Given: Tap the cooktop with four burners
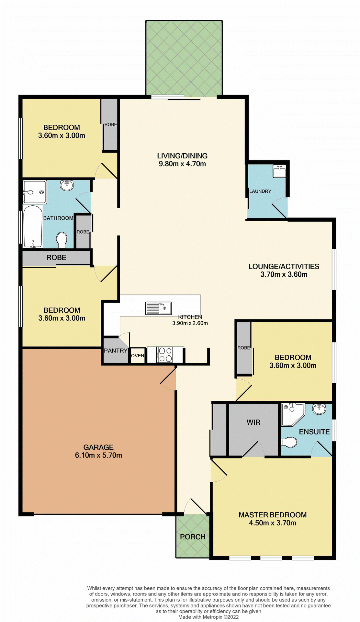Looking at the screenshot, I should (x=165, y=355).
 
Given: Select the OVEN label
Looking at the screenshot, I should (x=138, y=356).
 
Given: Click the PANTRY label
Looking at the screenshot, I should (x=116, y=351).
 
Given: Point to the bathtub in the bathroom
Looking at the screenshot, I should (x=33, y=226).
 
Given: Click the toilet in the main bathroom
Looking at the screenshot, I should (x=62, y=240).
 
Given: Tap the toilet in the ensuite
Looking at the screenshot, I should (x=289, y=442).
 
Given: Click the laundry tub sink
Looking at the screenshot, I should (x=279, y=171).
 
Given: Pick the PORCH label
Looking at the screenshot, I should (x=193, y=537).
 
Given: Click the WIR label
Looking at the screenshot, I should (x=253, y=422).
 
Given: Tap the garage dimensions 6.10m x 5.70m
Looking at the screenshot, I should (x=98, y=455).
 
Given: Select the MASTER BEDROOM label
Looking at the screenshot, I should (x=273, y=515).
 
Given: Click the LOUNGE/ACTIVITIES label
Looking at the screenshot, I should (x=284, y=266).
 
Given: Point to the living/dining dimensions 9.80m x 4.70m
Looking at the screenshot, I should (x=182, y=164).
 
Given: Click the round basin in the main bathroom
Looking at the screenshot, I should (x=67, y=185).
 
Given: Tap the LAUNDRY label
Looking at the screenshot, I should (x=260, y=191).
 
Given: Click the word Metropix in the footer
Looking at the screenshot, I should (x=213, y=617).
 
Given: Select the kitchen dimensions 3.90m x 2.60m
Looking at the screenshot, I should (x=190, y=323).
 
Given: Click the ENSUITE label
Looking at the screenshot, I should (x=314, y=432).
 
